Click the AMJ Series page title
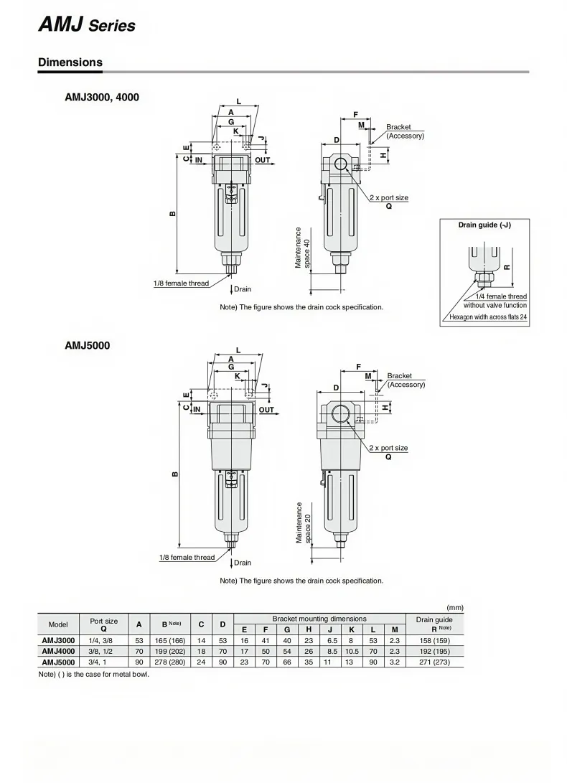[86, 24]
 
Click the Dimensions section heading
[70, 62]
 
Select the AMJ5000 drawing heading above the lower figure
[88, 345]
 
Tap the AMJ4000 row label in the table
[58, 651]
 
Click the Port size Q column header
[104, 624]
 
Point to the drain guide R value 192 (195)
[435, 651]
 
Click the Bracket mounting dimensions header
[319, 619]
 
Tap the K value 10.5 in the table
[352, 651]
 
